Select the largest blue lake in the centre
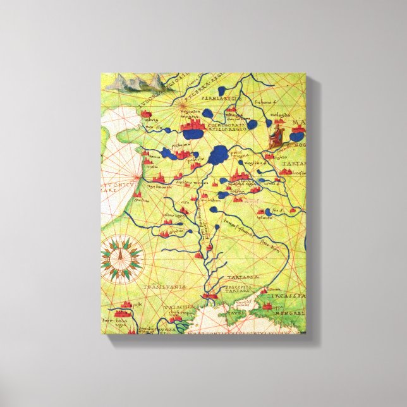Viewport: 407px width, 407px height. [219, 154]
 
